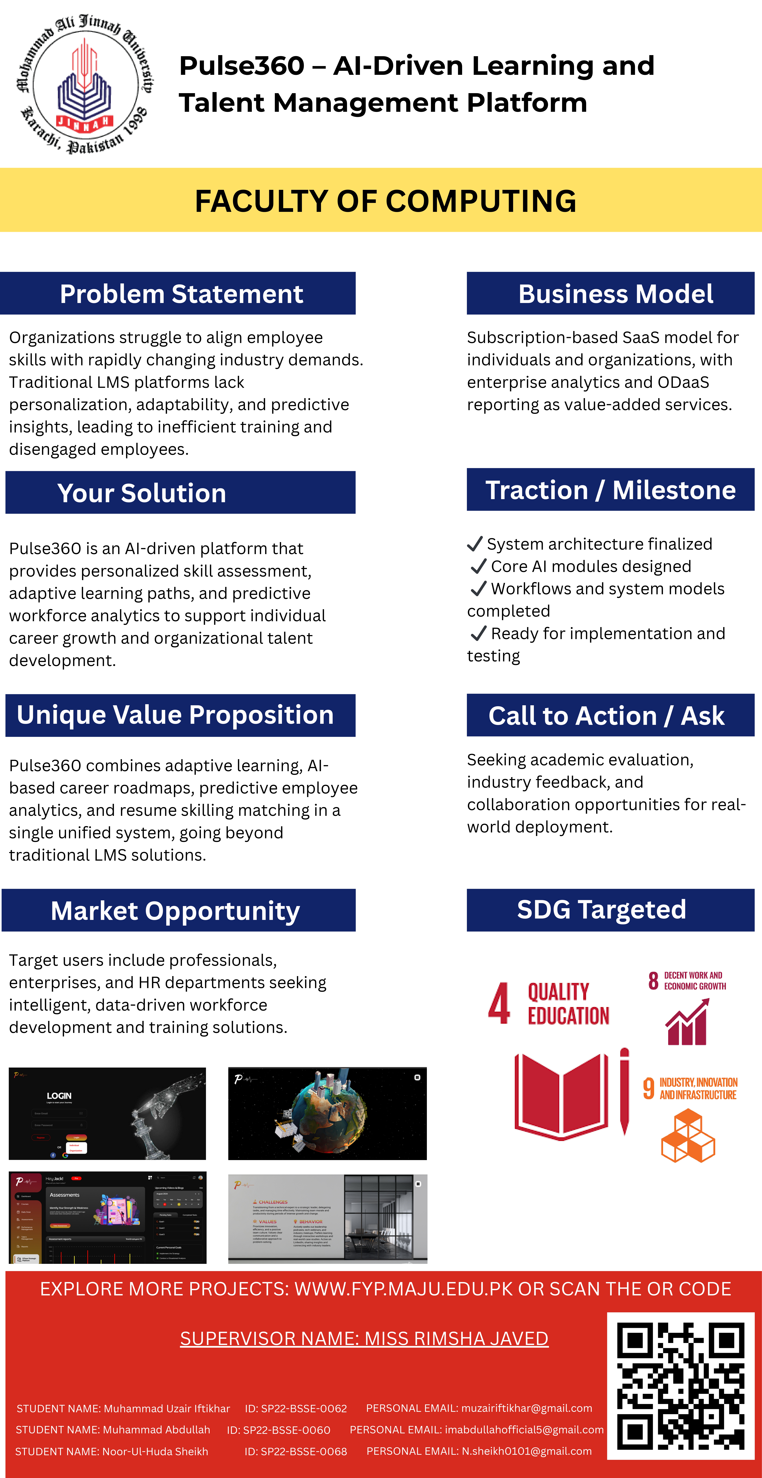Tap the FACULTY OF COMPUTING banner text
click(x=386, y=201)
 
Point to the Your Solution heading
click(x=142, y=493)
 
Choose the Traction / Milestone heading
click(x=611, y=490)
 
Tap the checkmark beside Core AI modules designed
click(x=478, y=566)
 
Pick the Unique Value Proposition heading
click(x=175, y=715)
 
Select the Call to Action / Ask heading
click(x=607, y=715)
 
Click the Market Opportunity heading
click(x=175, y=911)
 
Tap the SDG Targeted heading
click(x=601, y=909)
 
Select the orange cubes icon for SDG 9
click(x=688, y=1136)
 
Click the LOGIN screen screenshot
click(x=107, y=1113)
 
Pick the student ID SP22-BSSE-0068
click(x=296, y=1451)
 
